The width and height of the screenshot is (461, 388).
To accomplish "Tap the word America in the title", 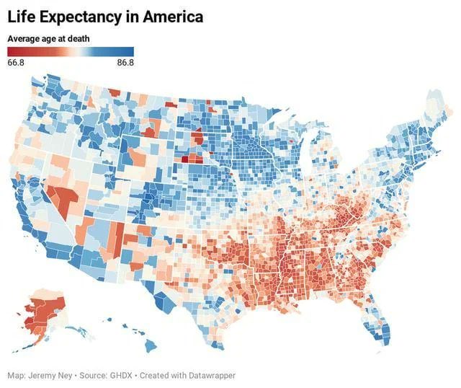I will point(172,16).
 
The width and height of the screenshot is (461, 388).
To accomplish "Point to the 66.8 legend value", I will point(17,63).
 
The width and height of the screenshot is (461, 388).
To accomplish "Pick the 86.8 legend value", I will point(125,63).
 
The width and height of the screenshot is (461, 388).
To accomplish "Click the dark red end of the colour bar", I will point(11,51).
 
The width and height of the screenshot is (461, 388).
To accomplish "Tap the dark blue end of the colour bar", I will point(130,51).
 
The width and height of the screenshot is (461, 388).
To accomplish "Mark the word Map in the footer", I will point(16,376).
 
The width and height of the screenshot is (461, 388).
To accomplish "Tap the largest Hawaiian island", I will point(150,346).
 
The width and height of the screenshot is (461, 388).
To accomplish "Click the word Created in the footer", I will point(156,376).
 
